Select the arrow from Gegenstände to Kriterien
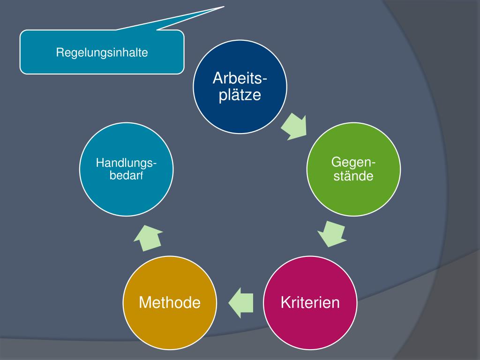[332, 233]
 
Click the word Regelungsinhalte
[102, 52]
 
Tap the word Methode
[170, 303]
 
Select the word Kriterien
[310, 302]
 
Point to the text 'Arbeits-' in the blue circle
[240, 77]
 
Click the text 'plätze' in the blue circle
[240, 95]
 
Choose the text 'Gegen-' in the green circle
[353, 162]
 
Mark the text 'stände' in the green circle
[353, 177]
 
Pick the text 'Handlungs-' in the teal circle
[127, 163]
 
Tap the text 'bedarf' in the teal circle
[127, 176]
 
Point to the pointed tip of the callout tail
[224, 7]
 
